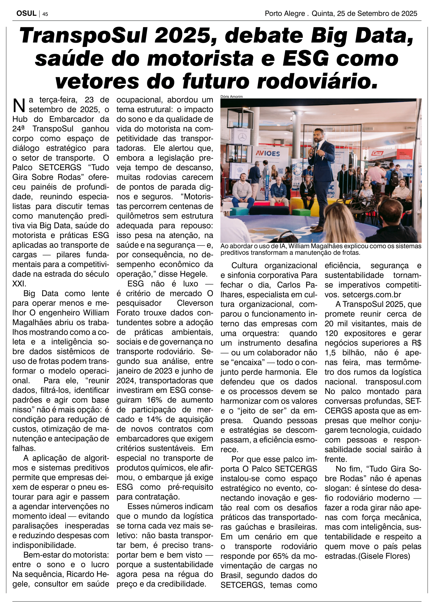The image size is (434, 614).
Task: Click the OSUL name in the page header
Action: (x=26, y=13)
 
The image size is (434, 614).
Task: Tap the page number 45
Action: (x=45, y=14)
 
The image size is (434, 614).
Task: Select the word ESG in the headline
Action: (x=306, y=59)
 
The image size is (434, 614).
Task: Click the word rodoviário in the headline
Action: (x=317, y=81)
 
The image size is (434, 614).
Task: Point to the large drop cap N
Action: (x=19, y=105)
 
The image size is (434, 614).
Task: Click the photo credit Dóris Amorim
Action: (x=231, y=97)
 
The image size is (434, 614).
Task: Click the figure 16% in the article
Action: (x=154, y=400)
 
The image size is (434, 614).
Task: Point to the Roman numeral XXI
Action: (x=19, y=284)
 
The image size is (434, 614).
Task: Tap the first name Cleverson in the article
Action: (x=195, y=303)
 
